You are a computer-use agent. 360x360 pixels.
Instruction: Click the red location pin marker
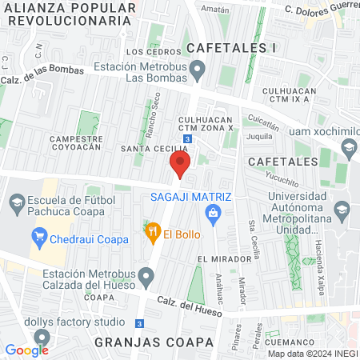pyautogui.click(x=179, y=166)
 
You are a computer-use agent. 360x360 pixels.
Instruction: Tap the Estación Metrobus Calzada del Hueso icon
pyautogui.click(x=146, y=278)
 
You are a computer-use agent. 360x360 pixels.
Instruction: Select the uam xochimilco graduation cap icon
pyautogui.click(x=349, y=147)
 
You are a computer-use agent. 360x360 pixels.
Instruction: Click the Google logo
pyautogui.click(x=26, y=350)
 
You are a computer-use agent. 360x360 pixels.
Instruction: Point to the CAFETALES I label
pyautogui.click(x=234, y=47)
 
